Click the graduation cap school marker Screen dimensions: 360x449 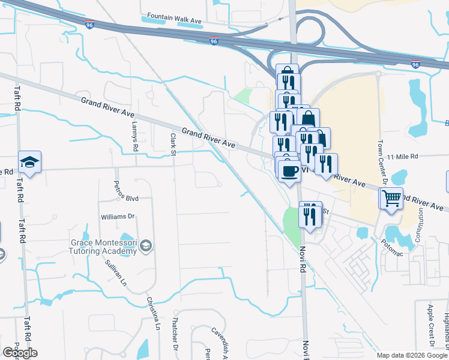(x=29, y=162)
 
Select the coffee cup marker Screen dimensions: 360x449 (x=289, y=171)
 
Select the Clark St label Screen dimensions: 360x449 (x=172, y=143)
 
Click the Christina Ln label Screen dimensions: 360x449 (x=153, y=313)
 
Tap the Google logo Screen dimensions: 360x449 (x=20, y=353)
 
